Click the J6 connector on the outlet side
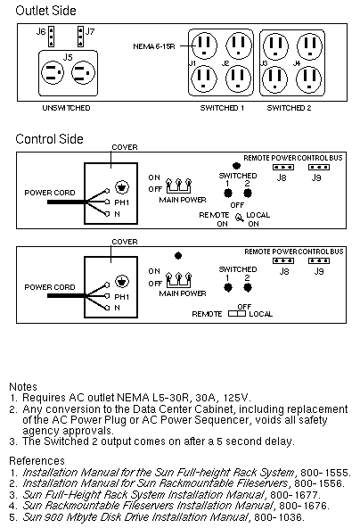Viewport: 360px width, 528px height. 51,37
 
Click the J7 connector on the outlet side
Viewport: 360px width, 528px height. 80,37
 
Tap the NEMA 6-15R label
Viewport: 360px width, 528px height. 154,46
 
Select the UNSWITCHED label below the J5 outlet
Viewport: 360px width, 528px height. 66,108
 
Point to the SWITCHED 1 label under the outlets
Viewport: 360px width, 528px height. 222,108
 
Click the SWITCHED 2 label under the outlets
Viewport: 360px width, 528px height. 289,108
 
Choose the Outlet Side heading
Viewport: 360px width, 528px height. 45,11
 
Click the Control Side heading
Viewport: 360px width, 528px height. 49,139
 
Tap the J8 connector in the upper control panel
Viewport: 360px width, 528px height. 283,168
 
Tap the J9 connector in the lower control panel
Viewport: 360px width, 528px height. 319,261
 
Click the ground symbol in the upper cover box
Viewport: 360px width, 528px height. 122,187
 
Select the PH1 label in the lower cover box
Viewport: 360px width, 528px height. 122,297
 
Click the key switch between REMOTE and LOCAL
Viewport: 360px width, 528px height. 239,219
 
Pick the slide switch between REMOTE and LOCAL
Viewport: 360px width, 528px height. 237,314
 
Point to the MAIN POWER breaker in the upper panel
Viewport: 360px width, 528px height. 178,186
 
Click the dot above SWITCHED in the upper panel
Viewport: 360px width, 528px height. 236,166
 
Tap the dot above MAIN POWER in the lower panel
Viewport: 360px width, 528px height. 178,256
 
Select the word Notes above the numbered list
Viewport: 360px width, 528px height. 23,386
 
